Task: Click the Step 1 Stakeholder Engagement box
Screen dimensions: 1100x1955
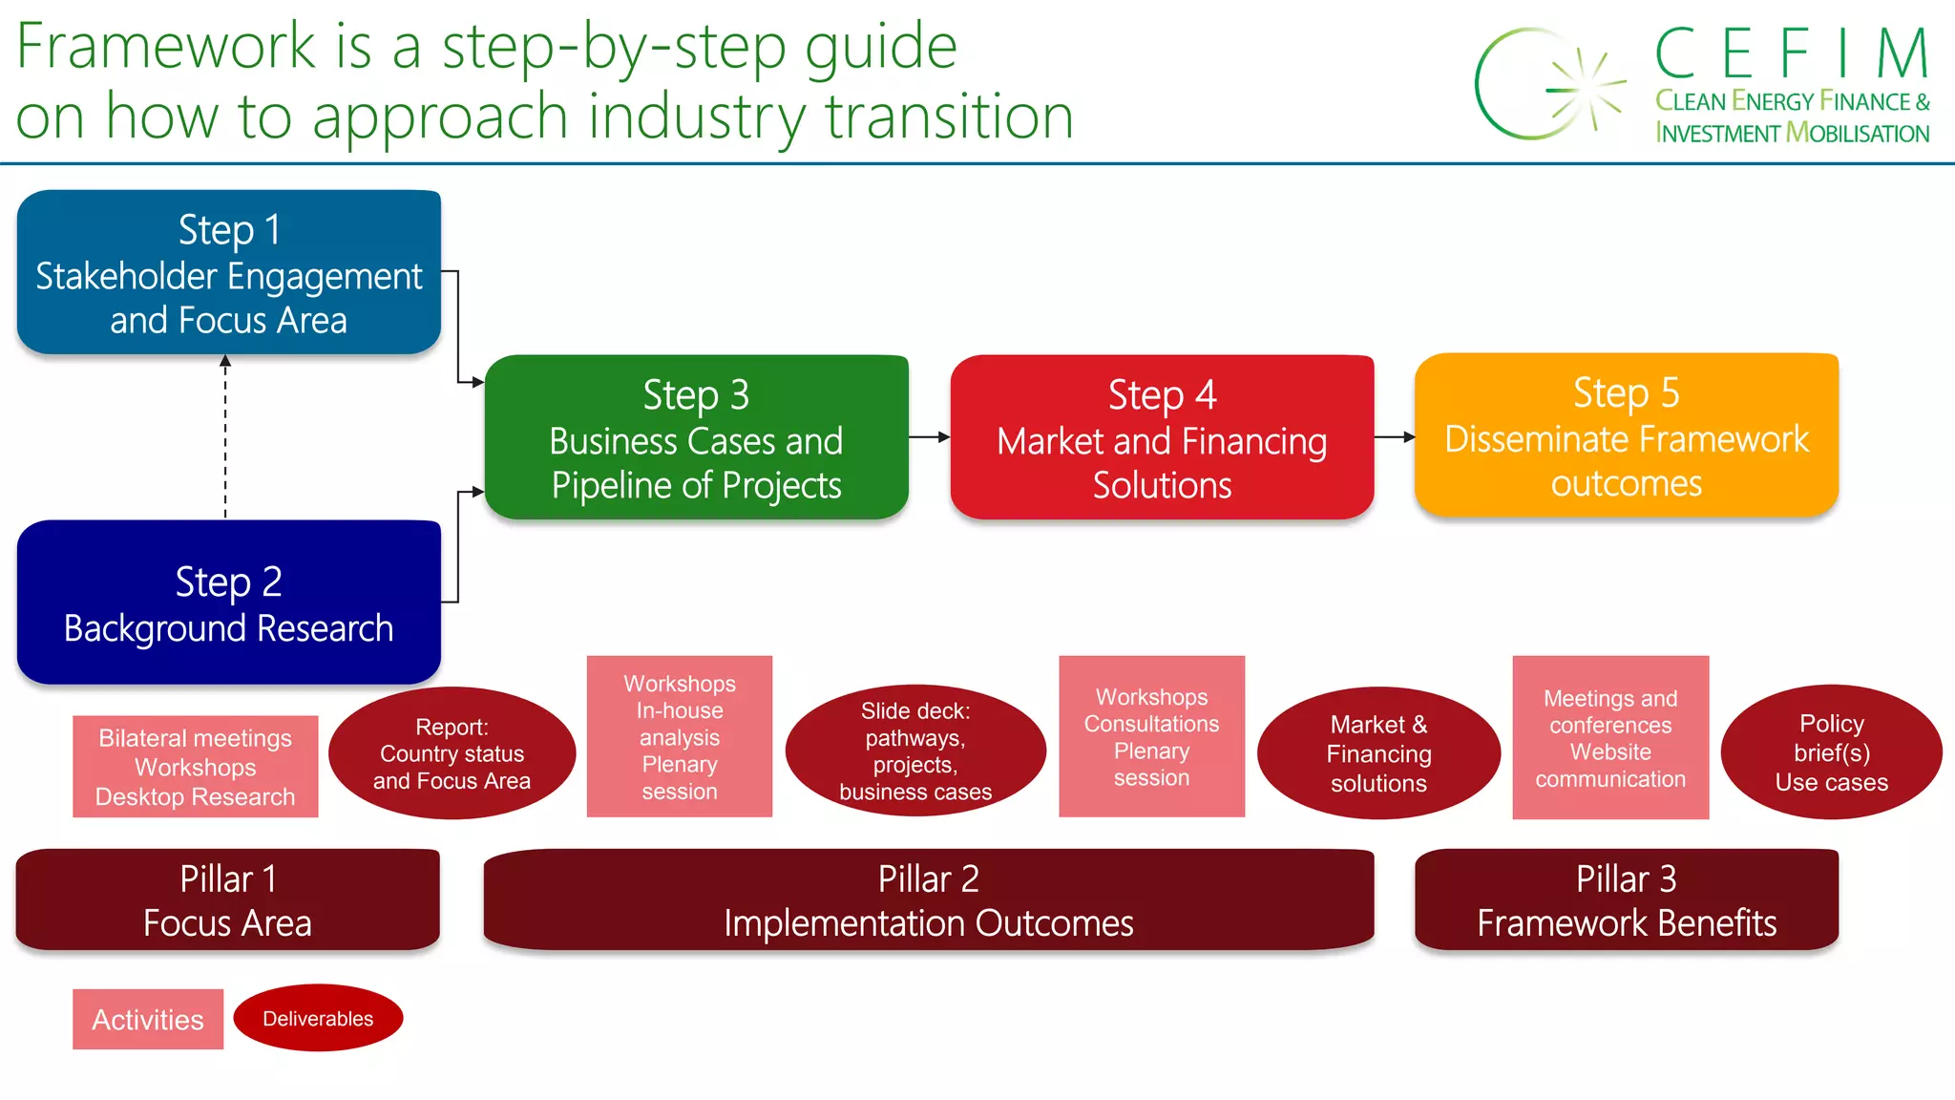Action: [228, 272]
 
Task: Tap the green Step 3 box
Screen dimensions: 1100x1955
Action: [696, 437]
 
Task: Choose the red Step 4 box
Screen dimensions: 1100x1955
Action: [1162, 437]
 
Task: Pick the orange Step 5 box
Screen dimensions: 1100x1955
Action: [1626, 435]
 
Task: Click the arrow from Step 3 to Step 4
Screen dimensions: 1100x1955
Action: [929, 437]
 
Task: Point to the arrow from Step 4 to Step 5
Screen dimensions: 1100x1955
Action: [1395, 437]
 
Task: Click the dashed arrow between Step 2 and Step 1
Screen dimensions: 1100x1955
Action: [225, 437]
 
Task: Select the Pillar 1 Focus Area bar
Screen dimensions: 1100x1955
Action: [227, 899]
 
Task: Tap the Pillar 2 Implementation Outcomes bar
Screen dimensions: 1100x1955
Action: [928, 899]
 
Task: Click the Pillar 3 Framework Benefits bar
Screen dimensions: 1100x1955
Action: [1626, 899]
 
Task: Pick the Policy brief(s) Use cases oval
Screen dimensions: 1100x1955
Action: [1831, 752]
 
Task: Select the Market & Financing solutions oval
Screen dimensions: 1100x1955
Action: [1378, 753]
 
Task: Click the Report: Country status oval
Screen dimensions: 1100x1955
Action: [452, 753]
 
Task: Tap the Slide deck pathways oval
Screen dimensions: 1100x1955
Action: [914, 751]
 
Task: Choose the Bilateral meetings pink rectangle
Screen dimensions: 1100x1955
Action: [195, 767]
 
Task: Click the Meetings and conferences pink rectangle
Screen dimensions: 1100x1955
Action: [1609, 737]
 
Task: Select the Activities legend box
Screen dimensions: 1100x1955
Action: [148, 1019]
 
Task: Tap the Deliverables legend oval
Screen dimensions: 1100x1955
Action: [318, 1018]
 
